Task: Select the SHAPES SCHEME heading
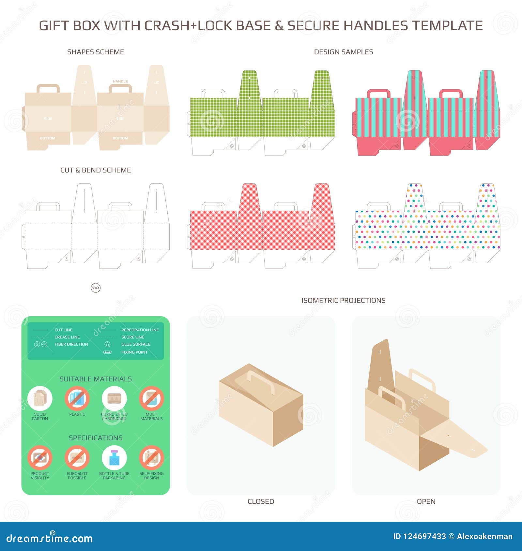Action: tap(96, 52)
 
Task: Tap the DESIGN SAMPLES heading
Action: tap(343, 52)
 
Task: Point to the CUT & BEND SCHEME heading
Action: tap(96, 170)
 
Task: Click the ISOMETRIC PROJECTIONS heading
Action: tap(343, 300)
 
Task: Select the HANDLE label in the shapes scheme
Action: tap(120, 81)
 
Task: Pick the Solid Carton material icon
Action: tap(40, 398)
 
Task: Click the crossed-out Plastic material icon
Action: tap(77, 398)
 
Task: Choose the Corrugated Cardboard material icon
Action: tap(114, 398)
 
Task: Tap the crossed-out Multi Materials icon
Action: tap(151, 398)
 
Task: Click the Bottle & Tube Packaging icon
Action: tap(114, 457)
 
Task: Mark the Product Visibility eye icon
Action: tap(40, 457)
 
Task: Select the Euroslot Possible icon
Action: tap(77, 457)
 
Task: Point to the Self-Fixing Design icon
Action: tap(151, 457)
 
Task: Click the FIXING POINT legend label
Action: tap(134, 352)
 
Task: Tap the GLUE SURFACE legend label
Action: tap(136, 344)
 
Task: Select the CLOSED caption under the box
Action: tap(261, 501)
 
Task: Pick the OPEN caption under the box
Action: tap(426, 501)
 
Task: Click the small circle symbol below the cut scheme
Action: tap(96, 288)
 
